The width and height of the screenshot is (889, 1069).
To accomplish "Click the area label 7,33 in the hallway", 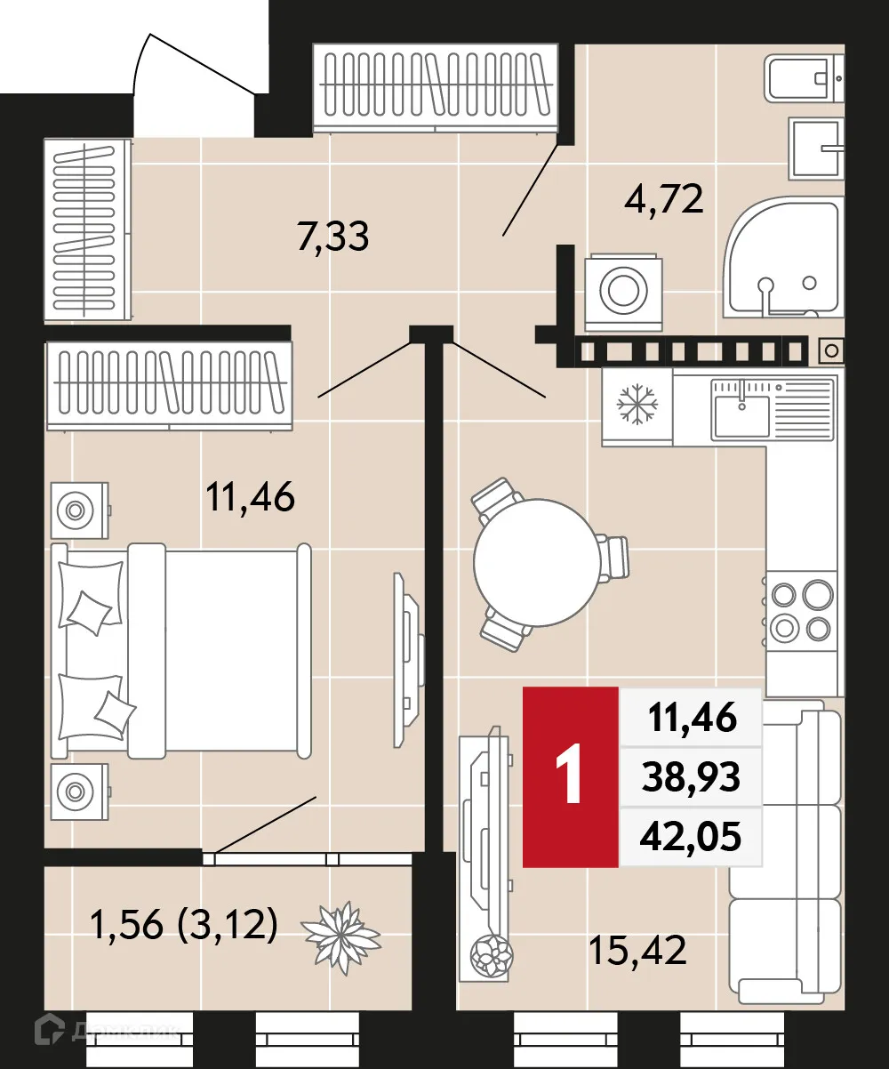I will pyautogui.click(x=333, y=237).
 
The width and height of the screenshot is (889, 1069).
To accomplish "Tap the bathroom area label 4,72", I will pyautogui.click(x=664, y=198).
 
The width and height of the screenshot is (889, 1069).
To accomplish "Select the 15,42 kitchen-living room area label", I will pyautogui.click(x=637, y=951).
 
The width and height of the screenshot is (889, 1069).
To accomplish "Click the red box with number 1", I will pyautogui.click(x=570, y=776).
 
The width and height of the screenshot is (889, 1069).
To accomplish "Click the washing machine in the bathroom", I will pyautogui.click(x=624, y=289).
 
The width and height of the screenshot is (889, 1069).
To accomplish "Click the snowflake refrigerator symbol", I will pyautogui.click(x=637, y=406).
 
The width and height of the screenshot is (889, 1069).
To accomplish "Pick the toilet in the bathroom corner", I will pyautogui.click(x=805, y=78).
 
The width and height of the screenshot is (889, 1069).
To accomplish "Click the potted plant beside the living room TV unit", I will pyautogui.click(x=492, y=956).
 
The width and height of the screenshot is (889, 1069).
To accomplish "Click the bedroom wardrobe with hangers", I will pyautogui.click(x=169, y=386).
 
